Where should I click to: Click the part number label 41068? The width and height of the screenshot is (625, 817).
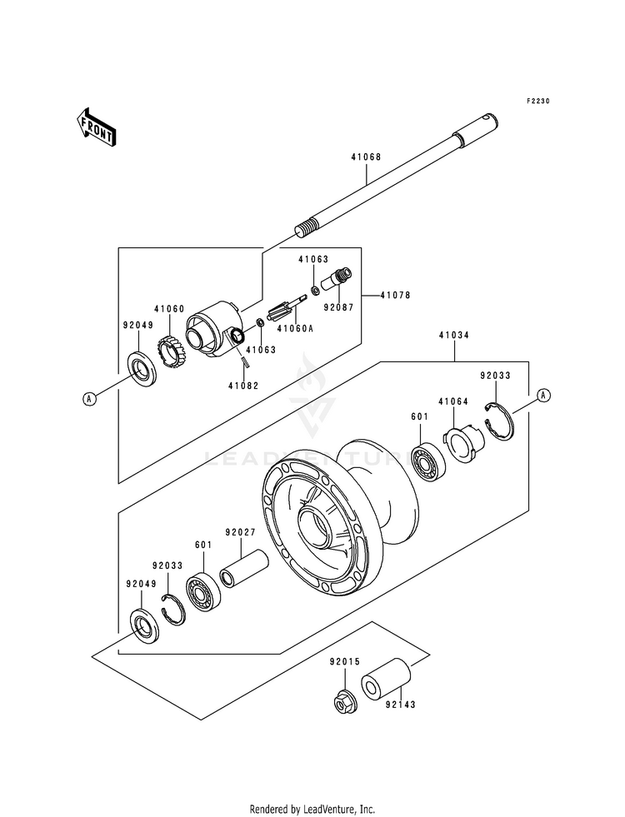[x=366, y=157]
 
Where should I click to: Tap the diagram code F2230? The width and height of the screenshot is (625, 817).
[x=537, y=101]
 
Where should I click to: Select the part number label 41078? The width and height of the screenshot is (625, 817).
[x=395, y=296]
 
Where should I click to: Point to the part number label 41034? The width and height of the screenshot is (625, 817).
[x=453, y=336]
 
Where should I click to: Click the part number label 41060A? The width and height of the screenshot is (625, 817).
[x=295, y=329]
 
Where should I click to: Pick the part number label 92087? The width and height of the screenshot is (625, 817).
[x=338, y=308]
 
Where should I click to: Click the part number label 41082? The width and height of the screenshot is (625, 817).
[x=242, y=386]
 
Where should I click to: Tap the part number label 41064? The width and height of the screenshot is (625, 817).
[x=453, y=401]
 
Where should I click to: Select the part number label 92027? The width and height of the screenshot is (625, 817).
[x=240, y=532]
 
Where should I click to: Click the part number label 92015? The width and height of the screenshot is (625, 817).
[x=344, y=662]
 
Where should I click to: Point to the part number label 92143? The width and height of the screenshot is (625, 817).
[x=400, y=705]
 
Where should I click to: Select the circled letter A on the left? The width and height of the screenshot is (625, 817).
[x=90, y=399]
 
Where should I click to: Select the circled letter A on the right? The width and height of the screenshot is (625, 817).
[x=543, y=396]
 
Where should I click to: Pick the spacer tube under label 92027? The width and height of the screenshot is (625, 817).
[x=244, y=570]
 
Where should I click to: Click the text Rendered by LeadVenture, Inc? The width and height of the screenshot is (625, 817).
[x=312, y=810]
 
